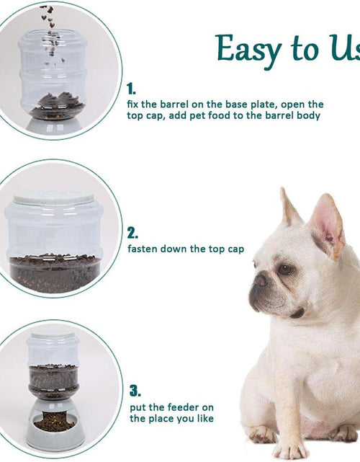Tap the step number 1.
point(131,89)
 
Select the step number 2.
point(132,233)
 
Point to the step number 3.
point(135,391)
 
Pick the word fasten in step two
point(143,249)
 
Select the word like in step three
point(203,419)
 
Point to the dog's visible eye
point(287,269)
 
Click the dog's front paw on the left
point(263,435)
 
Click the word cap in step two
point(235,249)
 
